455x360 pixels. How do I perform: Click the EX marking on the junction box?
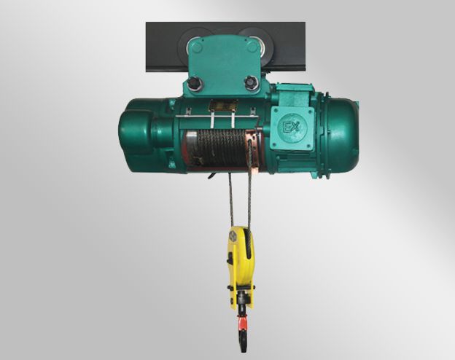point(292,127)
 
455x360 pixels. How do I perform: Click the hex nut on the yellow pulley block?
point(233,235)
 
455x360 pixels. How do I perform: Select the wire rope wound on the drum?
point(221,148)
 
